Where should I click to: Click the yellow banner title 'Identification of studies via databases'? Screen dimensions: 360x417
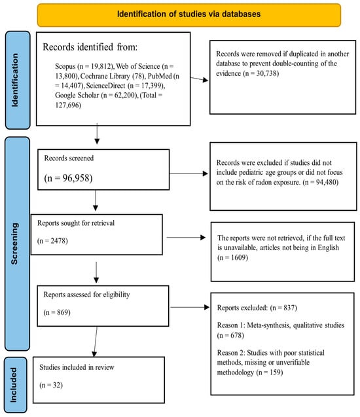pyautogui.click(x=189, y=14)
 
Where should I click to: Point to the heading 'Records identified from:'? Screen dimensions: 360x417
pyautogui.click(x=90, y=47)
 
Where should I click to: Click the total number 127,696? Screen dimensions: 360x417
pyautogui.click(x=68, y=105)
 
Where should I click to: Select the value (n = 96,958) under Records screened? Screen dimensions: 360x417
pyautogui.click(x=68, y=178)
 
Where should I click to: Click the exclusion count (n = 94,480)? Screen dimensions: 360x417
pyautogui.click(x=320, y=182)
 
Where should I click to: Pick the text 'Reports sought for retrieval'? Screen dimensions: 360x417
pyautogui.click(x=76, y=223)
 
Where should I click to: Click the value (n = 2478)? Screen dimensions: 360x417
pyautogui.click(x=52, y=241)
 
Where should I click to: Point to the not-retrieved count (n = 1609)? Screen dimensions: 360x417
pyautogui.click(x=232, y=257)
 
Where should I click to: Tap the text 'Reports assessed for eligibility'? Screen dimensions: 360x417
pyautogui.click(x=86, y=295)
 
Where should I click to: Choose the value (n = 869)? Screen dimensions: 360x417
pyautogui.click(x=57, y=312)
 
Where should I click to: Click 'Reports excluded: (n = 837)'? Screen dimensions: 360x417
pyautogui.click(x=257, y=308)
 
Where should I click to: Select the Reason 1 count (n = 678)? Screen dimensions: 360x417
pyautogui.click(x=230, y=335)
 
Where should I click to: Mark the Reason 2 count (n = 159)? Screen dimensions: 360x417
pyautogui.click(x=270, y=372)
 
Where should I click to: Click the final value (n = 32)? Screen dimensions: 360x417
pyautogui.click(x=51, y=385)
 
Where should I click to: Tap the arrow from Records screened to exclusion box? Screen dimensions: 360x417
pyautogui.click(x=189, y=173)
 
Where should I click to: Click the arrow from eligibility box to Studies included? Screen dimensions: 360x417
pyautogui.click(x=96, y=342)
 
